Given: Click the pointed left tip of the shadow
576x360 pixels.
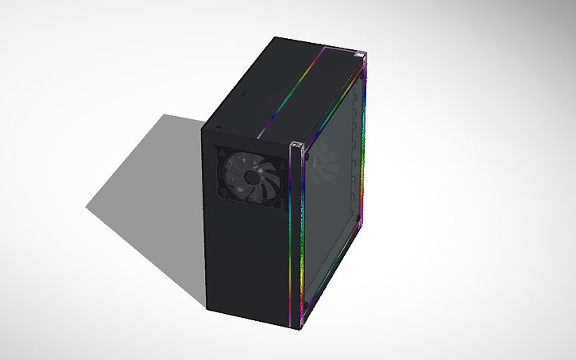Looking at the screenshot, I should (x=87, y=208).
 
